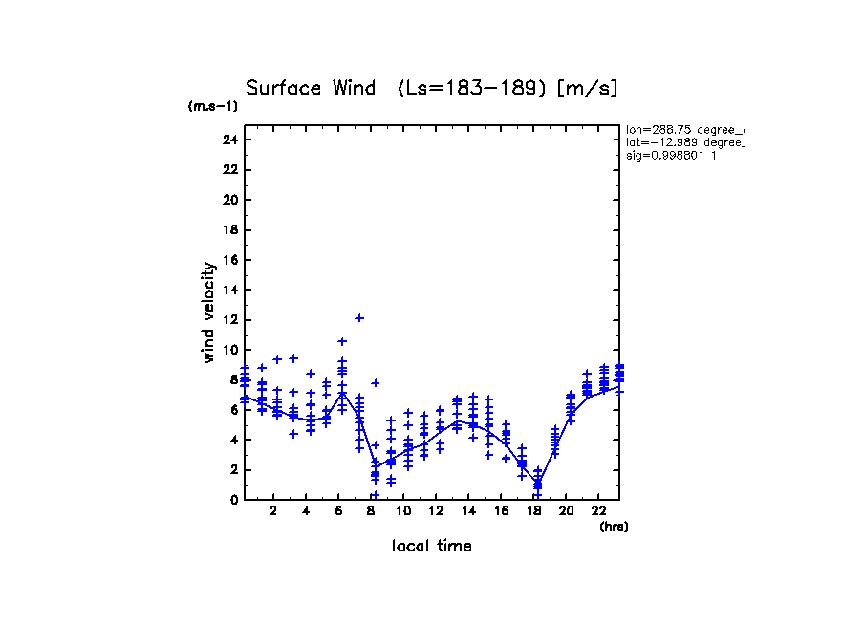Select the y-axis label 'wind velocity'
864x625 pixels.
(x=208, y=312)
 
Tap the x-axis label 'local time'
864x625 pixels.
(x=431, y=547)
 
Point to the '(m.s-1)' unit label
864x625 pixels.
(x=212, y=106)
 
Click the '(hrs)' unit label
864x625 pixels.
(x=614, y=527)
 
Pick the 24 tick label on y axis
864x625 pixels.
(x=229, y=140)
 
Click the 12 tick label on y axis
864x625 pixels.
(x=229, y=319)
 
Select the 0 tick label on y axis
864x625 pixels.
(x=232, y=499)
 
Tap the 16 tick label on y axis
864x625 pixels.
(x=229, y=260)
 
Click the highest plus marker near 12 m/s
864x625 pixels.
(x=359, y=318)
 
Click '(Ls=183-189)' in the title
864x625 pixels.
(x=472, y=89)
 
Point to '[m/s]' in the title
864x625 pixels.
(x=588, y=89)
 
